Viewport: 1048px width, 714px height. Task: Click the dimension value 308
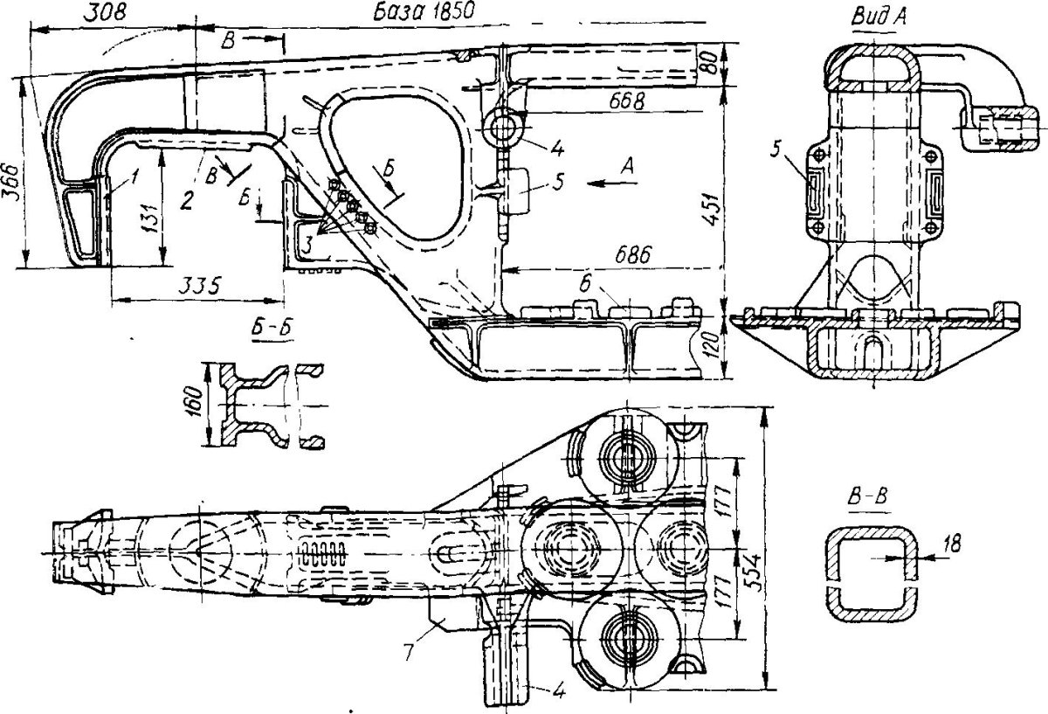(x=106, y=13)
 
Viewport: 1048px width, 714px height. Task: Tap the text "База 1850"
(x=424, y=11)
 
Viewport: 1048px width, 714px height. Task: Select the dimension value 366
(x=12, y=183)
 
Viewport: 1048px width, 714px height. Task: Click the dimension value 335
(x=200, y=285)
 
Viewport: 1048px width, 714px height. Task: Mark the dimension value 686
(x=632, y=256)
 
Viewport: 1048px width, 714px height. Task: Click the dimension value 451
(x=712, y=208)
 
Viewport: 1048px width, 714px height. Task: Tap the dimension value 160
(x=193, y=402)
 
